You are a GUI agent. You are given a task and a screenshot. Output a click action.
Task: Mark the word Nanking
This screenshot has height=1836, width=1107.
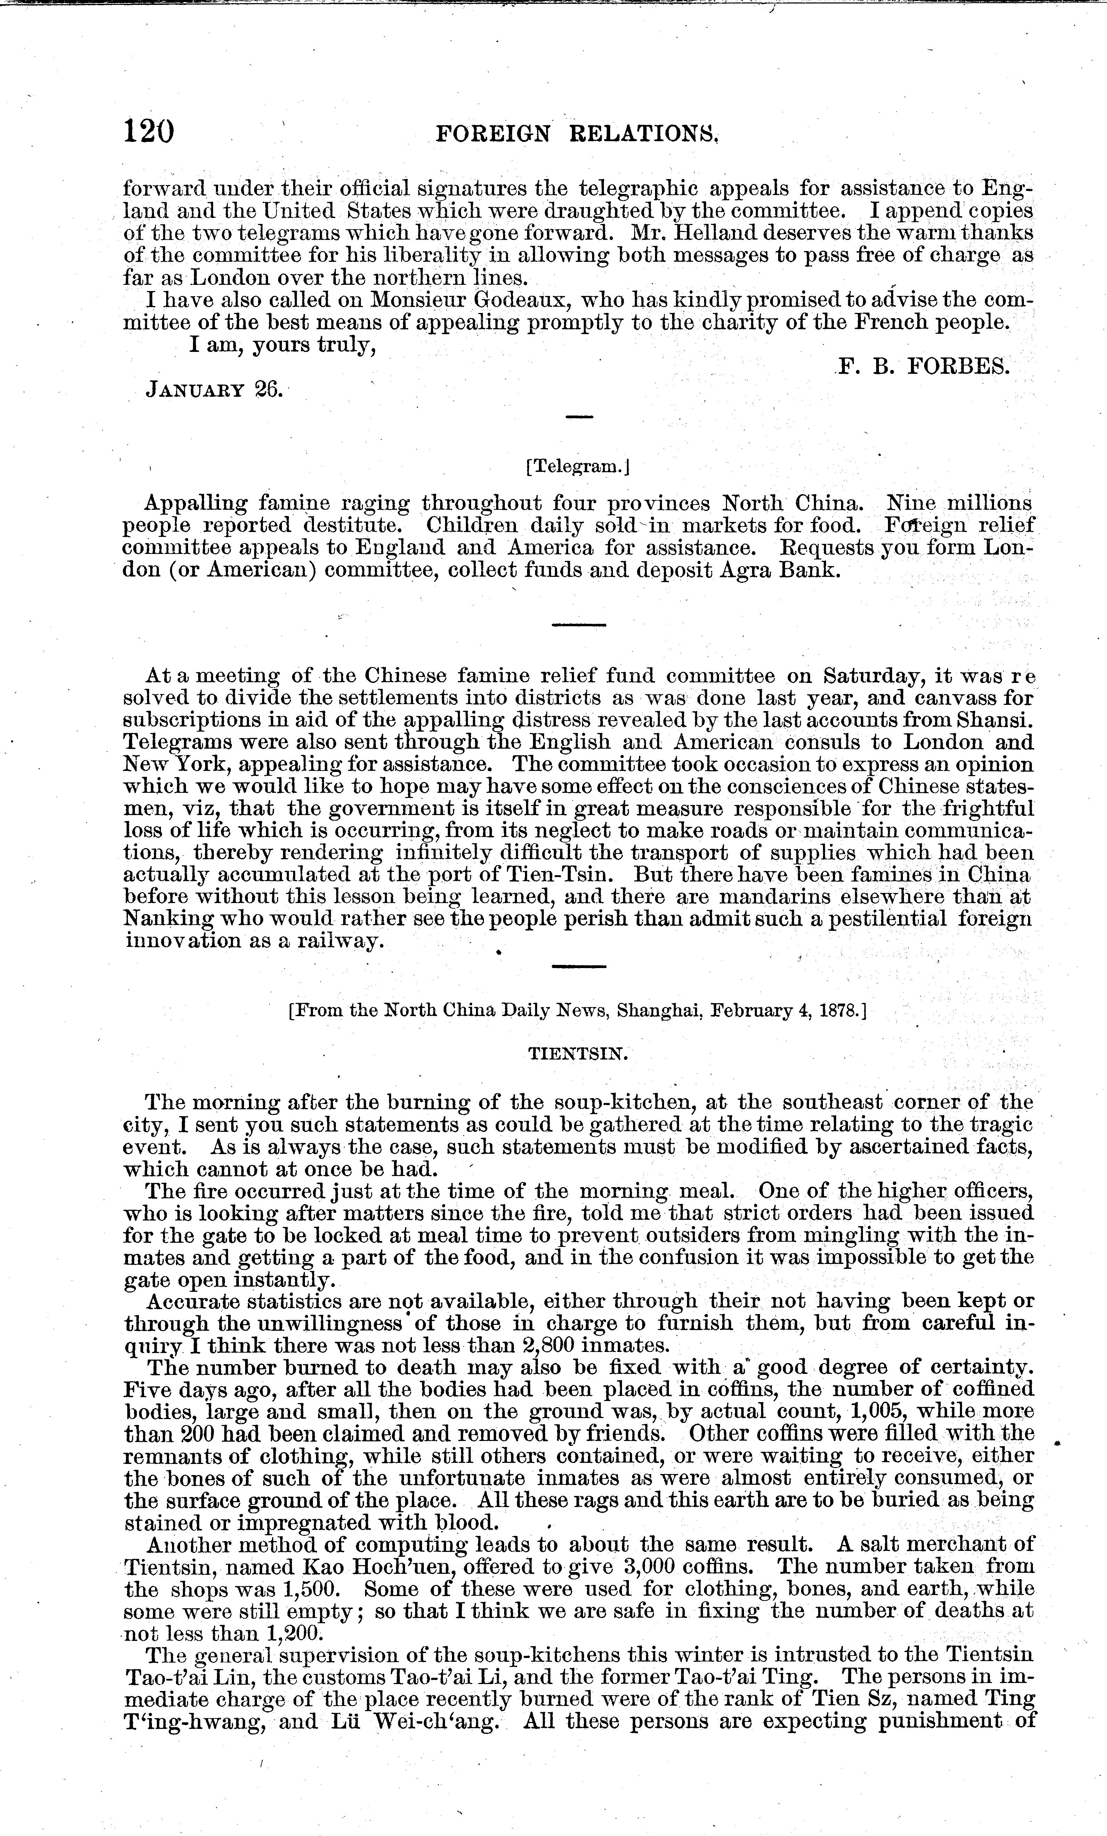pyautogui.click(x=171, y=919)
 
